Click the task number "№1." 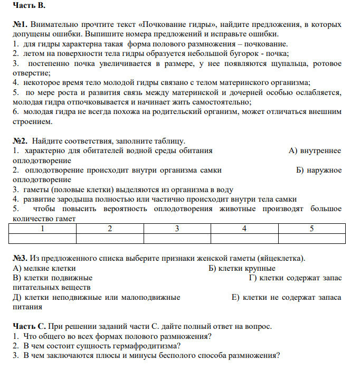coord(20,25)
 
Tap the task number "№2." coord(20,141)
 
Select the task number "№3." coord(20,258)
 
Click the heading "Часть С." coord(30,326)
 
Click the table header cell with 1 coord(43,229)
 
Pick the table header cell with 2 coord(110,229)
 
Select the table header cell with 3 coord(177,229)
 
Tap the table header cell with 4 coord(244,229)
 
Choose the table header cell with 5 coord(311,229)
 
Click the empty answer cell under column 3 coord(177,238)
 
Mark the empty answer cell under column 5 coord(311,238)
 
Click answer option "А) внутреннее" coord(315,151)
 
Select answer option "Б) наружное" coord(319,170)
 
